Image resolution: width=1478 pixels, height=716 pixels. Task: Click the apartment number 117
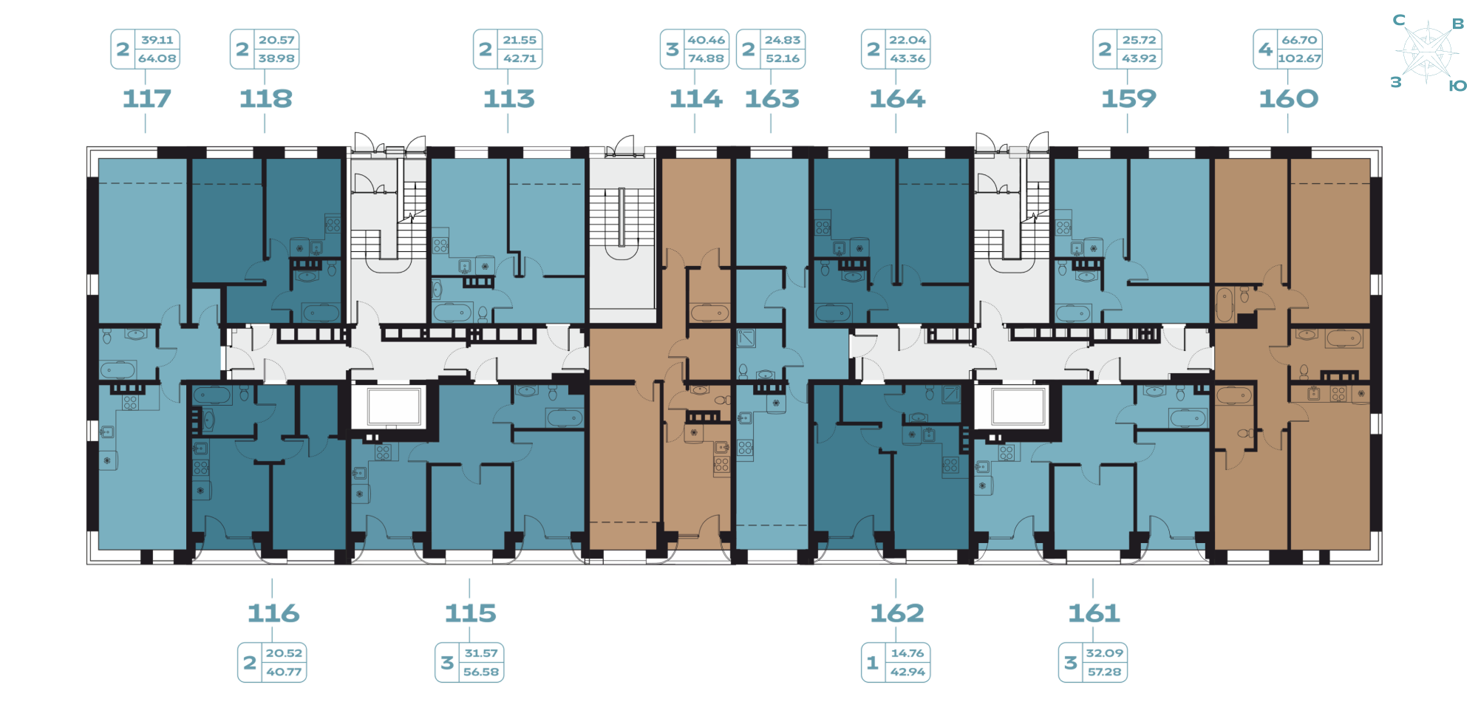click(x=146, y=98)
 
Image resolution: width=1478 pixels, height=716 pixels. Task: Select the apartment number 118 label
click(x=266, y=98)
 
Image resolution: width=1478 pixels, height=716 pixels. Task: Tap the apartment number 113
click(x=508, y=98)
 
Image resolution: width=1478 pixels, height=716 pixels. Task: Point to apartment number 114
click(x=695, y=98)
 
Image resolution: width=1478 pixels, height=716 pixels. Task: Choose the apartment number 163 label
click(x=772, y=98)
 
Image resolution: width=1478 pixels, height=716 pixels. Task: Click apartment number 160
click(x=1288, y=98)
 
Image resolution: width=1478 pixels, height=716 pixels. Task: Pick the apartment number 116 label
click(x=273, y=613)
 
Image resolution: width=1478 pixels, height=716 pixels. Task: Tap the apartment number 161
click(x=1094, y=613)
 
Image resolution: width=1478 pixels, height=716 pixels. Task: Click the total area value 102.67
click(x=1299, y=58)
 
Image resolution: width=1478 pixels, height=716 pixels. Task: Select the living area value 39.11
click(x=157, y=40)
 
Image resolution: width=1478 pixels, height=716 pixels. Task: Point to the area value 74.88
click(x=706, y=58)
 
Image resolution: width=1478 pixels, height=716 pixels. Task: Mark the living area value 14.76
click(x=907, y=653)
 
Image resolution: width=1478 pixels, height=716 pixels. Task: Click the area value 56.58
click(x=481, y=672)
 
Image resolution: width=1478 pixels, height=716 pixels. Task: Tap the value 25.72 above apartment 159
click(x=1139, y=40)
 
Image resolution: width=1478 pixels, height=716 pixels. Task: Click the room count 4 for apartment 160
click(x=1265, y=49)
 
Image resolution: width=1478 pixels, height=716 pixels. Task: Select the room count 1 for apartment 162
click(x=873, y=663)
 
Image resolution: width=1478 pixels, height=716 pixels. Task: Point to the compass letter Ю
click(x=1457, y=86)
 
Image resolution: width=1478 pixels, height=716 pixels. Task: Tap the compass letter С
click(x=1399, y=20)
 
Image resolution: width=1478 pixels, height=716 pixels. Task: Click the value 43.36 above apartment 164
click(x=907, y=58)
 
